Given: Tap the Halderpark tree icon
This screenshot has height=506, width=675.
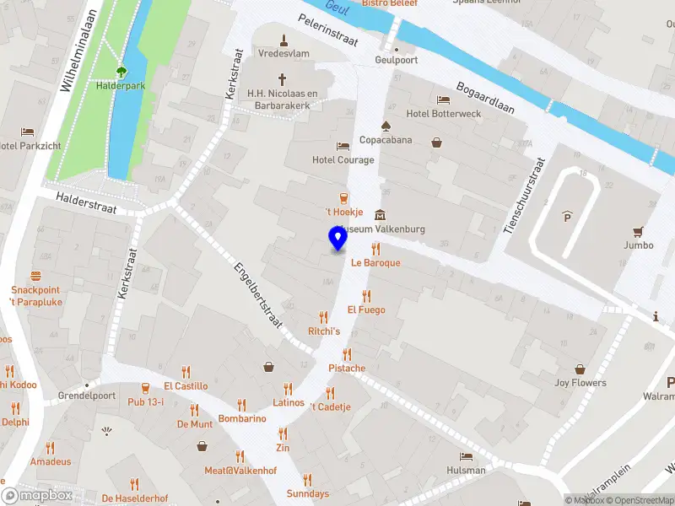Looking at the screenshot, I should point(121,73).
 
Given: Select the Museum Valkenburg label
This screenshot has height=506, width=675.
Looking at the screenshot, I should point(381,229).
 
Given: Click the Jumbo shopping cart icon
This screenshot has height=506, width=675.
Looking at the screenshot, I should point(639,231).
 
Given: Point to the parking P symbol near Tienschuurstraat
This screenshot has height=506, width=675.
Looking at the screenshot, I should point(565,216).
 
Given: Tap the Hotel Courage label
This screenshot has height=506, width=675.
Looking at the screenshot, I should point(343,160).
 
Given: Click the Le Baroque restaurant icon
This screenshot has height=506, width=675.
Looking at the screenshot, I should point(375,249).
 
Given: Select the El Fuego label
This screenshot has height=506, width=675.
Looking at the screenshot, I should point(365,310).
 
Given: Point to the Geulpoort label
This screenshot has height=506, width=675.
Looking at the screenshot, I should point(396,61).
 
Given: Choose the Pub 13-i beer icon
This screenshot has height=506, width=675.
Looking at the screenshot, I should point(145,388).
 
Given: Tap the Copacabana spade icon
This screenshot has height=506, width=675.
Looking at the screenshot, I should point(386,126).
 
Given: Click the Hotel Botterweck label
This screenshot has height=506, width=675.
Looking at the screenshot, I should point(443,114).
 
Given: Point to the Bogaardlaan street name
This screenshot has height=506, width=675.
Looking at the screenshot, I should point(485,100).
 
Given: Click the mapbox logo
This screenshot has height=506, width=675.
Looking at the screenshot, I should point(37,496).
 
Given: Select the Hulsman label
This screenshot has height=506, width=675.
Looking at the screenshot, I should point(467,470).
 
